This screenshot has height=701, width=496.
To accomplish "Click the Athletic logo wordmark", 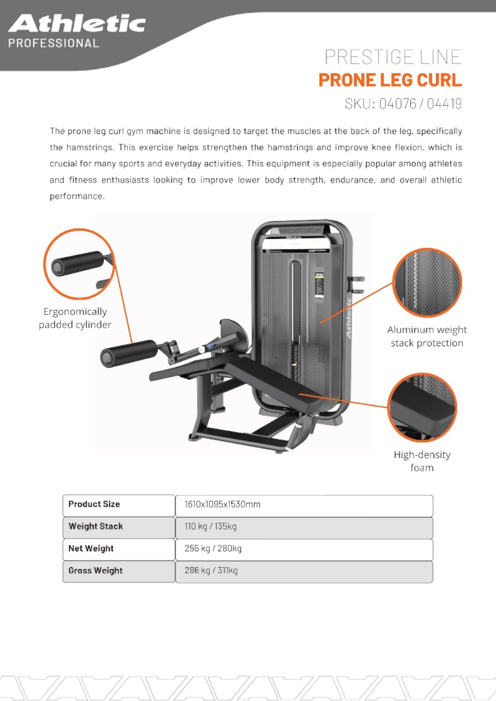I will (x=77, y=24).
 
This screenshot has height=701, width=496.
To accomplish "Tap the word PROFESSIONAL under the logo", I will (x=54, y=44).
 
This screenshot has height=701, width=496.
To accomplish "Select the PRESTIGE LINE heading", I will (x=393, y=58).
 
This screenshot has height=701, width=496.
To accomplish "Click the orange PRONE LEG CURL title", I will (x=390, y=80).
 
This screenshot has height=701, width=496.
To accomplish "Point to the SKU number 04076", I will (x=397, y=104).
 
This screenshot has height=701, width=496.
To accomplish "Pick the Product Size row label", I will (x=94, y=504).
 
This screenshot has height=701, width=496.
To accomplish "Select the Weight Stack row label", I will (x=96, y=526).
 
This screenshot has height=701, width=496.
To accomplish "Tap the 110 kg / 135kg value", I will (x=210, y=526).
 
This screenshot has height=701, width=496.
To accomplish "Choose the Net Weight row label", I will (x=91, y=548).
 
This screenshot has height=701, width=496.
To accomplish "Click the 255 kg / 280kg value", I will (x=213, y=549).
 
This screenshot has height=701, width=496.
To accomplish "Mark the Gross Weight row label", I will (x=95, y=571).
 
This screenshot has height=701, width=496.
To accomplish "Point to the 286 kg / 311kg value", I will (x=211, y=571).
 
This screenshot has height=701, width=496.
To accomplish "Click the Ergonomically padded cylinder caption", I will (x=75, y=318).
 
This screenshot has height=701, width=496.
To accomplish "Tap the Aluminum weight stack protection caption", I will (x=427, y=336).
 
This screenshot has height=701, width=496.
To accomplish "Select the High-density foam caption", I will (x=422, y=461).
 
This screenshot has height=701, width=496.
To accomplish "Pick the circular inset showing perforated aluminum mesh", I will (x=427, y=283).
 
